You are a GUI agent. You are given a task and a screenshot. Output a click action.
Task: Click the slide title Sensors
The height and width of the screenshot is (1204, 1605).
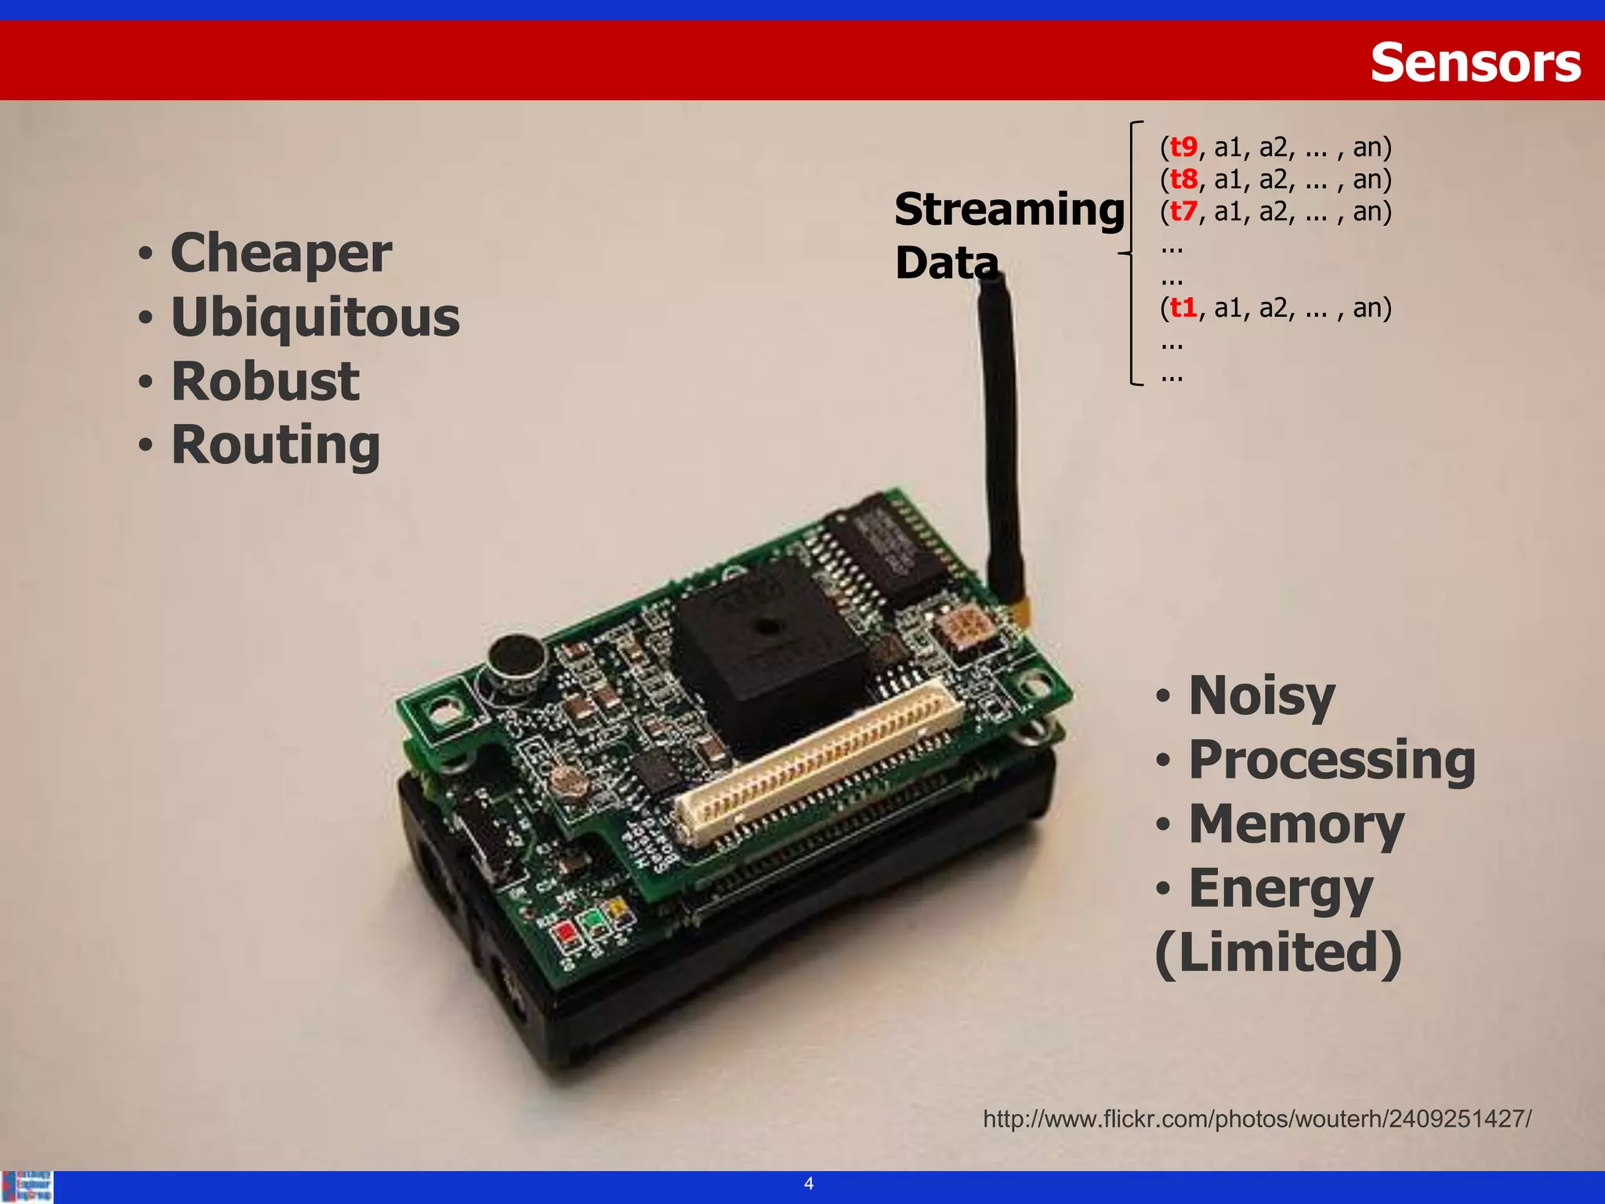(1475, 63)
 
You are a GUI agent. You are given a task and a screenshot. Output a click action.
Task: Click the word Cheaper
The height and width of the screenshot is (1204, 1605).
(281, 254)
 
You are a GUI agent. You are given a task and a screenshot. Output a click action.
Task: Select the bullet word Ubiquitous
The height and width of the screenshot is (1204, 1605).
(315, 318)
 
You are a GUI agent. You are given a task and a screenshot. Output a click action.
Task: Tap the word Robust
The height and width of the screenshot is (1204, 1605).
(265, 382)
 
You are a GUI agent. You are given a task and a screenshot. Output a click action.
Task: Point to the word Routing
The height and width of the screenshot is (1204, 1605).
(275, 445)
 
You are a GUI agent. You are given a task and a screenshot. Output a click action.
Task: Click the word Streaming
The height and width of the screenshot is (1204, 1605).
(1009, 210)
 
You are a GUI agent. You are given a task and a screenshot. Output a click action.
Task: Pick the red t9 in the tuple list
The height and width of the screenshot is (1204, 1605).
(1183, 147)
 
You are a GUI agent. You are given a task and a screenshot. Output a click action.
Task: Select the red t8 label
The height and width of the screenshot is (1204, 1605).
(1183, 180)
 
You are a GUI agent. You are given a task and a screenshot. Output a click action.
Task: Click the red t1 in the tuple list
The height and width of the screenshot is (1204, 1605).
(1183, 308)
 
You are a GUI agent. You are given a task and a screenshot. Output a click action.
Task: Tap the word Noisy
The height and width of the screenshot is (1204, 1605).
(1261, 696)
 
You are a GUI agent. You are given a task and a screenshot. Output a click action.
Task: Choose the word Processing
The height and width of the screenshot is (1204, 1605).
(1331, 760)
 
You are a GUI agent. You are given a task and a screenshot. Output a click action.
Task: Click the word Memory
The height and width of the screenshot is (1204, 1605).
(1296, 825)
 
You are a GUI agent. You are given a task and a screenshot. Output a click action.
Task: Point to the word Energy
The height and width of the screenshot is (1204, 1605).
(1280, 889)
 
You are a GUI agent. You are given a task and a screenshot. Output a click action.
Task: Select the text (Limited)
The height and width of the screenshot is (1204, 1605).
(1278, 952)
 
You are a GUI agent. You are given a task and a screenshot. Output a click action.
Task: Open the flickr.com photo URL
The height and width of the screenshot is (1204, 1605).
(1257, 1119)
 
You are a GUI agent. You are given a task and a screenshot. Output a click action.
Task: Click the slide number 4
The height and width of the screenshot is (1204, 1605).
(809, 1184)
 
